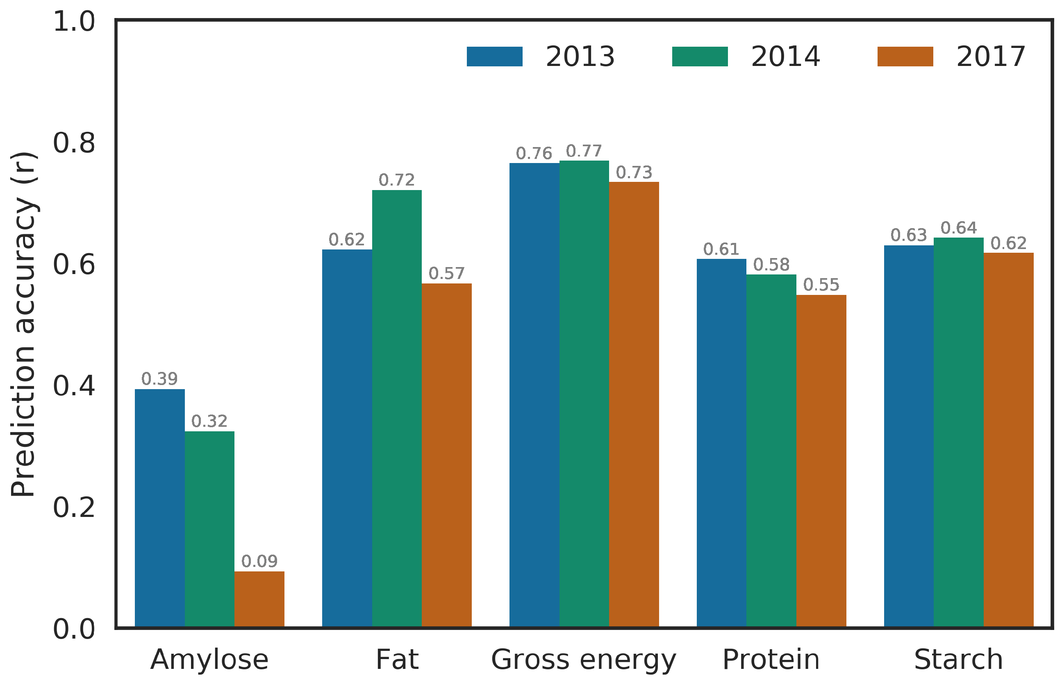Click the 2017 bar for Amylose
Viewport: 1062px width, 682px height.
(x=259, y=599)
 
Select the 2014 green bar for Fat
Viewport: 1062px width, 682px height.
(x=396, y=408)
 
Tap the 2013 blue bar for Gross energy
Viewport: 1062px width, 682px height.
(x=534, y=394)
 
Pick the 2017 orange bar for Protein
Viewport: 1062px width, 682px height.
(x=821, y=460)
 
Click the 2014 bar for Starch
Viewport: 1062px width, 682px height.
(x=958, y=432)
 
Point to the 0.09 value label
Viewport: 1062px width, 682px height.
(x=259, y=562)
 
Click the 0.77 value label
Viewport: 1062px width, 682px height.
(x=584, y=151)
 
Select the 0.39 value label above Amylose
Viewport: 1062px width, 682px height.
(x=159, y=378)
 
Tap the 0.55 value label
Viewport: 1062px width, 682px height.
(x=821, y=285)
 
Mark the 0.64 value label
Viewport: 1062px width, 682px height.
(x=958, y=228)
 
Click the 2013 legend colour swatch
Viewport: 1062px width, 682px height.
(x=494, y=57)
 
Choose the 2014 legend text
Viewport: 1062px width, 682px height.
(x=785, y=57)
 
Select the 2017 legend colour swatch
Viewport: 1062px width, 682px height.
(x=905, y=57)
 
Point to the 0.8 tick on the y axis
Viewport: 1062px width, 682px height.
(x=74, y=143)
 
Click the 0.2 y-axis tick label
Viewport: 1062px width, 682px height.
(x=74, y=507)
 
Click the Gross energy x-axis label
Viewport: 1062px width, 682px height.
(x=584, y=660)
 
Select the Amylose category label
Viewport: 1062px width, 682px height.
(x=209, y=660)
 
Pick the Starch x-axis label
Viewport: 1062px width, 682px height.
(x=958, y=660)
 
